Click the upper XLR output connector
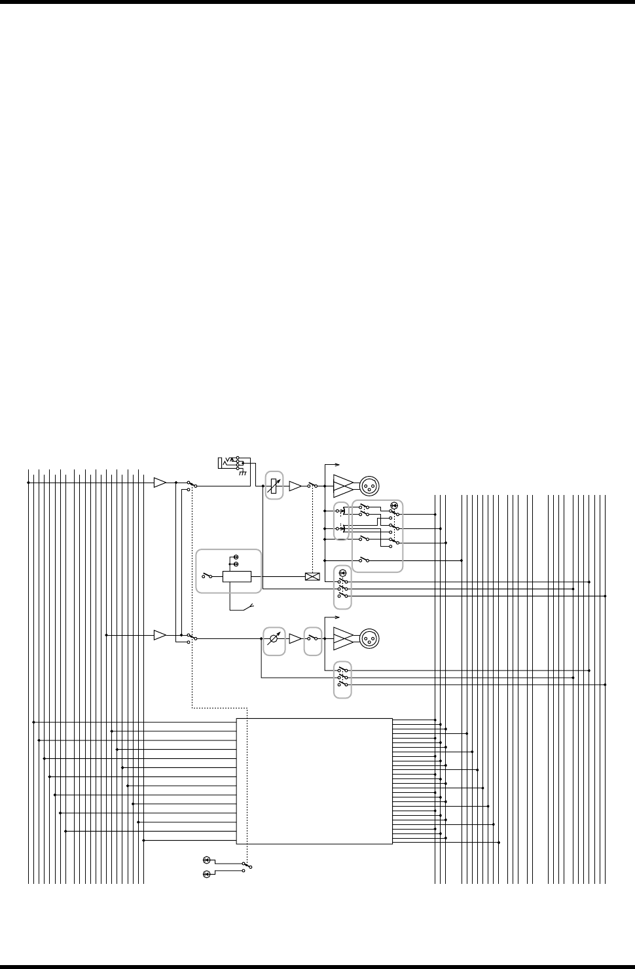pos(369,486)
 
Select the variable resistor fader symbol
pos(274,486)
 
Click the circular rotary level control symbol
pos(274,638)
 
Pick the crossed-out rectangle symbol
pos(312,577)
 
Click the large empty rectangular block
pos(314,781)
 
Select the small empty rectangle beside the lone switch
pos(237,576)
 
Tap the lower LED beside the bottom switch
pos(206,874)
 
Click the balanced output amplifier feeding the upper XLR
pos(343,486)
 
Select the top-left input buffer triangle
pos(159,483)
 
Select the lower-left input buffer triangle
pos(159,635)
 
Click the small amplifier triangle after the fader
pos(295,486)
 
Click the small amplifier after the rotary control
pos(295,638)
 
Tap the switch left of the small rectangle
pos(207,576)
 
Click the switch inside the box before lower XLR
pos(313,638)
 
